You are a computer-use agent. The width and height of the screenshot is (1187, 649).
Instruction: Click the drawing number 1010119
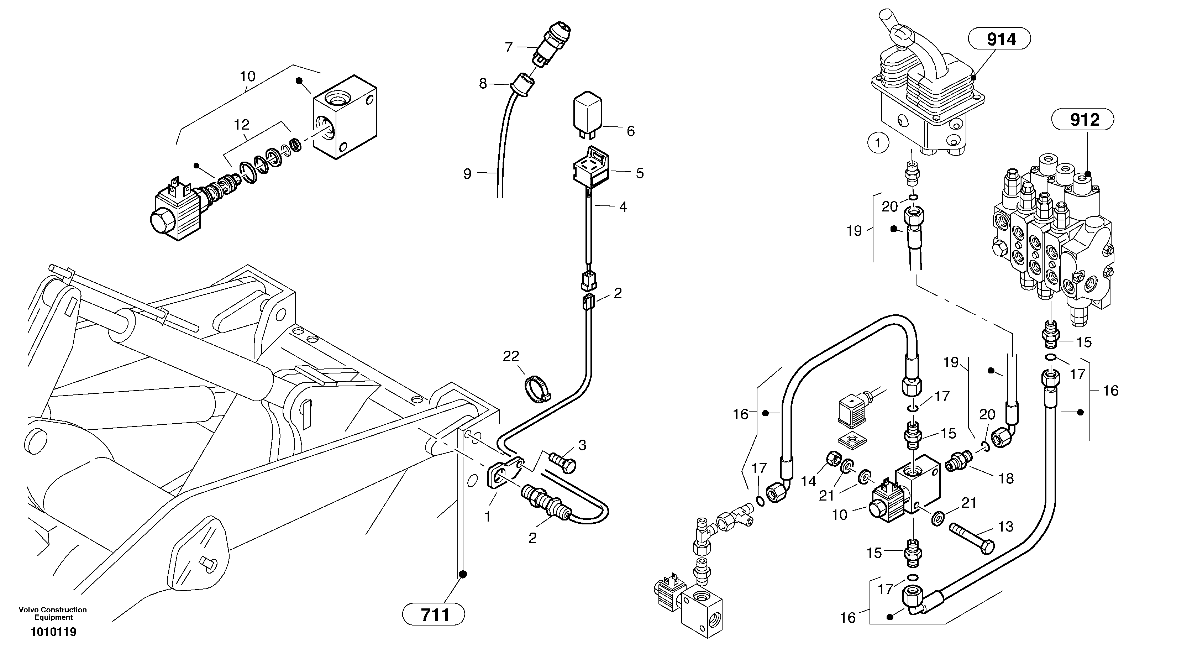pyautogui.click(x=53, y=632)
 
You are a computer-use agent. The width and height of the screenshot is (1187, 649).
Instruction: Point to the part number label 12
pyautogui.click(x=241, y=125)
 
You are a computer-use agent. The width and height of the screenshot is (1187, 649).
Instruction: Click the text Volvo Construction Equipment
pyautogui.click(x=53, y=613)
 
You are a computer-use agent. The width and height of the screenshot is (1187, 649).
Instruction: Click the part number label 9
pyautogui.click(x=467, y=174)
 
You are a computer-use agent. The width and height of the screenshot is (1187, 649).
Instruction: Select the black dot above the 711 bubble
pyautogui.click(x=463, y=574)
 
